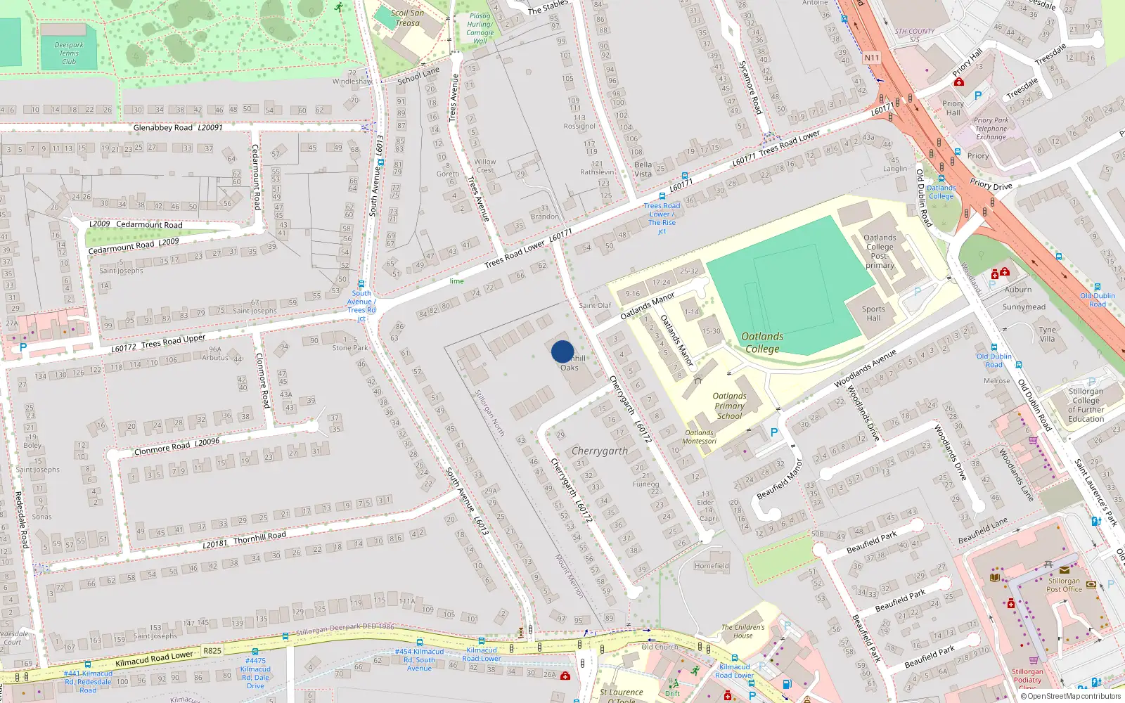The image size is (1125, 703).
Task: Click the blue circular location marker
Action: pyautogui.click(x=562, y=351)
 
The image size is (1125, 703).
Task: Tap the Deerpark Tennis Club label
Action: pyautogui.click(x=69, y=53)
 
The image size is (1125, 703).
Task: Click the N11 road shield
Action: pyautogui.click(x=872, y=58)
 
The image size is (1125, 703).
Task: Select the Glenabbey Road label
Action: pyautogui.click(x=163, y=128)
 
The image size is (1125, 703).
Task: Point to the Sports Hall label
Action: pyautogui.click(x=873, y=314)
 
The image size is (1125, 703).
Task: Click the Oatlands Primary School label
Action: pyautogui.click(x=729, y=406)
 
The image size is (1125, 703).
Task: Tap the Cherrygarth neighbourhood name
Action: pyautogui.click(x=600, y=451)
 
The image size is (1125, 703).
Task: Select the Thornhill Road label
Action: pyautogui.click(x=259, y=538)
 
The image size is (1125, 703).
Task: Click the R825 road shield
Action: pyautogui.click(x=212, y=650)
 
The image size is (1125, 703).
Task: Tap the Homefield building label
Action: pyautogui.click(x=712, y=565)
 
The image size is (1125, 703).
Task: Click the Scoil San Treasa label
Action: pyautogui.click(x=407, y=18)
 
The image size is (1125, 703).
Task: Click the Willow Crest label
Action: pyautogui.click(x=485, y=165)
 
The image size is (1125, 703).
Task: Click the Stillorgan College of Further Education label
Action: pyautogui.click(x=1086, y=405)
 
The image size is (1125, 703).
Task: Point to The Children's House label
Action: pyautogui.click(x=742, y=631)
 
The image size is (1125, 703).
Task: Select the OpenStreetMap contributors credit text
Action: pyautogui.click(x=1071, y=696)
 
